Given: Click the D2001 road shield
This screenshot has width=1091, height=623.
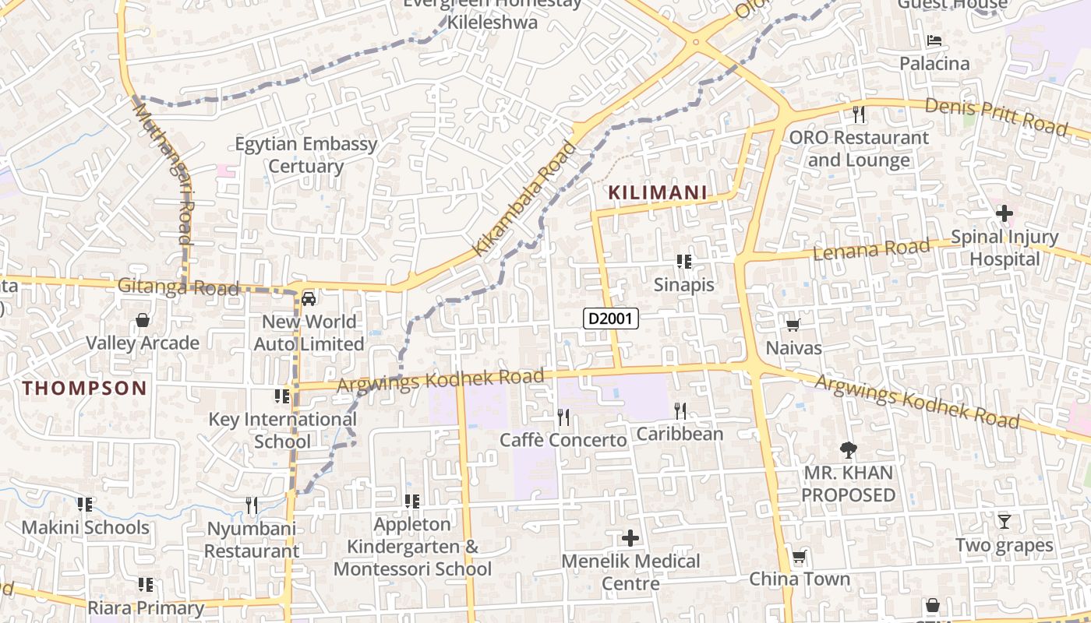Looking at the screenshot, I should [x=611, y=318].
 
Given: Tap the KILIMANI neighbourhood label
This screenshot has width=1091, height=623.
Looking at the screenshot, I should [x=657, y=192].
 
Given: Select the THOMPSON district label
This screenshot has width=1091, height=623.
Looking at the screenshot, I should [x=84, y=388].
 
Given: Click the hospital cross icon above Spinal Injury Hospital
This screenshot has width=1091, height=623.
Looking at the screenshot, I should [x=1004, y=213].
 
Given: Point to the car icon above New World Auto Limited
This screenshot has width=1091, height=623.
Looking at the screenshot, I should [x=309, y=298].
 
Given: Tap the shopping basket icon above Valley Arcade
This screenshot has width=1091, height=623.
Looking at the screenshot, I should [x=143, y=320].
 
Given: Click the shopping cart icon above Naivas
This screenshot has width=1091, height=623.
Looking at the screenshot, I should [x=793, y=325].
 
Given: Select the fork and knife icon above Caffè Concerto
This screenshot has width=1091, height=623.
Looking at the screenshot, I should [x=563, y=417].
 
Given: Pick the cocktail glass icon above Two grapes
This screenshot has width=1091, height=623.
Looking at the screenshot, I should [x=1004, y=522].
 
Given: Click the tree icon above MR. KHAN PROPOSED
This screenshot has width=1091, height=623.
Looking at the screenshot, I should [x=848, y=449].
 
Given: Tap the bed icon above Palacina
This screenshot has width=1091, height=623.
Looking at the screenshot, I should [x=934, y=40].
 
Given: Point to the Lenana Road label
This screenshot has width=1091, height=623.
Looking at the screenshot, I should [x=871, y=250].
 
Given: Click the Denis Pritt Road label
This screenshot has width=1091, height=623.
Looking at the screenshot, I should [x=995, y=115].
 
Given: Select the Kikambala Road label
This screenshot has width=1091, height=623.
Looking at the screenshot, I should [x=525, y=198].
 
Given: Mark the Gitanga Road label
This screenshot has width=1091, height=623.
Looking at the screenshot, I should [x=178, y=287].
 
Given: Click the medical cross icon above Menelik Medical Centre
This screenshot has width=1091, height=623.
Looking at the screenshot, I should [x=630, y=538].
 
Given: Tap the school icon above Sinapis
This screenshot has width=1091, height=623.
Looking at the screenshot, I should [x=683, y=262].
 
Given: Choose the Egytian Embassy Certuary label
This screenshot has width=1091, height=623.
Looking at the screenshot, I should [x=306, y=155].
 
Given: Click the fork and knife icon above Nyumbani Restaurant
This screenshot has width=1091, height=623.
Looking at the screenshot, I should [x=251, y=506].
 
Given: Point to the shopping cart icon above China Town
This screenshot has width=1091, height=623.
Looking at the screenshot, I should [x=799, y=557].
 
